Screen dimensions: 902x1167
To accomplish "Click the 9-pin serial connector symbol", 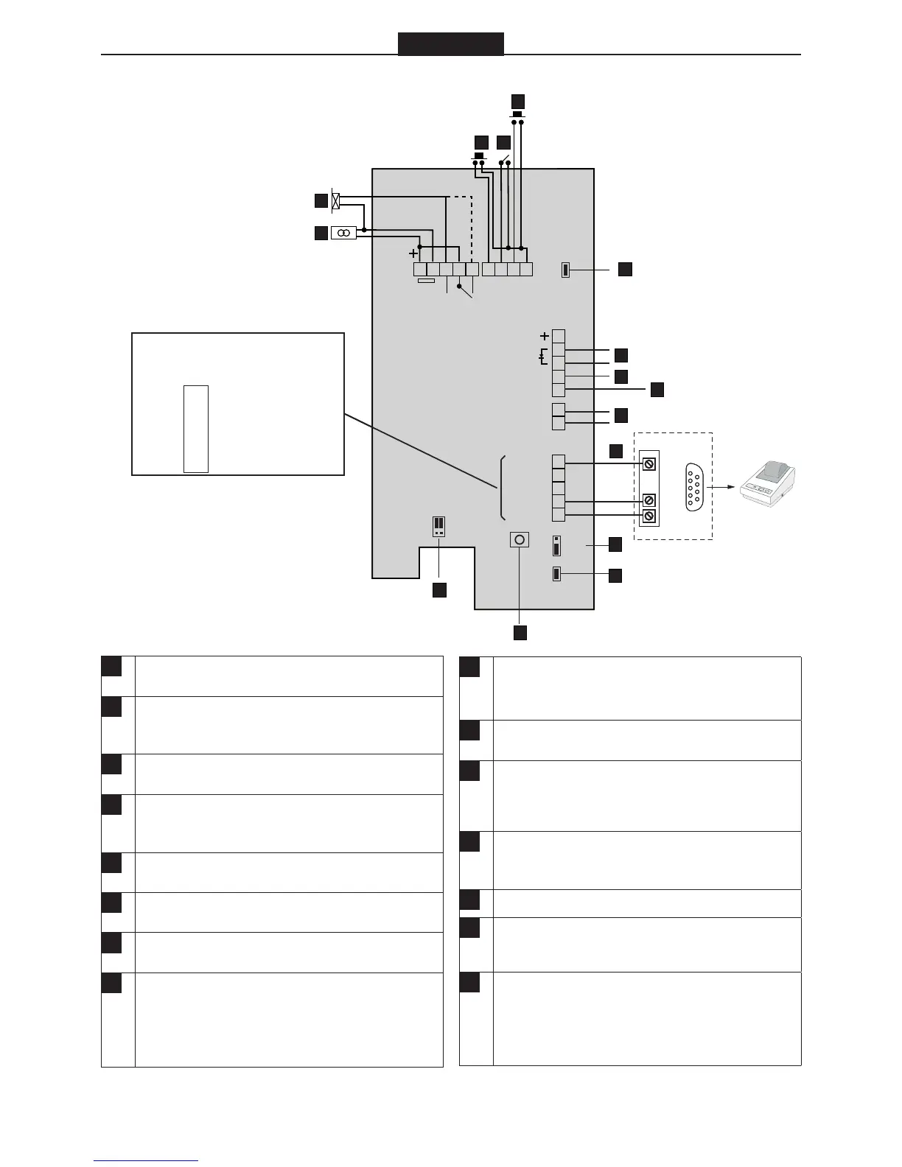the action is [x=693, y=486].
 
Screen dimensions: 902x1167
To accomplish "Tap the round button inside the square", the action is [x=520, y=540].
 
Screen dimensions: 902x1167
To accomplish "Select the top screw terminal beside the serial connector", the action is [x=649, y=463].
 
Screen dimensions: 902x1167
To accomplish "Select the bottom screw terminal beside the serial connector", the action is [x=649, y=516].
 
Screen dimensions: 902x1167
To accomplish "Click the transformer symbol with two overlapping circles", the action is [x=343, y=233].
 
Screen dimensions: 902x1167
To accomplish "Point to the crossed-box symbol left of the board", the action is [x=337, y=200].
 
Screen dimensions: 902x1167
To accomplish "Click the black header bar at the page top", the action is [x=450, y=44].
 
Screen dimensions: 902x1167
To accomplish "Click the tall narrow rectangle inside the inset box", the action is [x=196, y=428].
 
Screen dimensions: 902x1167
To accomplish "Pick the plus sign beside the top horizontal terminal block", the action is [x=414, y=253].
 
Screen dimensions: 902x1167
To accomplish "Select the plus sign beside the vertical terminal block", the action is [x=545, y=336].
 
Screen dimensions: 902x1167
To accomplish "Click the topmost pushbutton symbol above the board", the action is [x=517, y=115].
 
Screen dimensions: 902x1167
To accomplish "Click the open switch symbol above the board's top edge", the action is [x=506, y=158].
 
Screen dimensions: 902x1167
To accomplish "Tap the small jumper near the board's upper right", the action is [x=565, y=270].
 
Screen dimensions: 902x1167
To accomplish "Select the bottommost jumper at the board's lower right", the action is [x=556, y=574].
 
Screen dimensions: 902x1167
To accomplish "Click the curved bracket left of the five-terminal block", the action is [x=502, y=488].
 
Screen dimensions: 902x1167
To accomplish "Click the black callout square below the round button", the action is [x=520, y=632].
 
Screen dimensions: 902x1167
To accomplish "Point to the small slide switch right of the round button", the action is [x=556, y=546].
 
